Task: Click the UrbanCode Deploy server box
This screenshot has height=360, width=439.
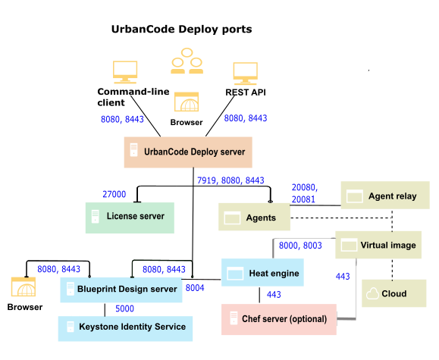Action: (x=187, y=152)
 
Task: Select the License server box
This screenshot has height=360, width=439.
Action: (x=129, y=218)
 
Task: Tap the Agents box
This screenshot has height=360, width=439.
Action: (x=254, y=218)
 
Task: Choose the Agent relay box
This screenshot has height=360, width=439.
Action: (x=384, y=196)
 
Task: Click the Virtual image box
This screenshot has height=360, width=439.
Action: (x=378, y=245)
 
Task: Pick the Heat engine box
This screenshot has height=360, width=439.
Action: (x=262, y=273)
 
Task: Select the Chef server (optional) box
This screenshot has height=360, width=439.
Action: (x=278, y=319)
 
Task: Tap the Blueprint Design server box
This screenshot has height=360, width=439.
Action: (x=121, y=290)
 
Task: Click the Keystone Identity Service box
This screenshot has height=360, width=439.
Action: (x=125, y=327)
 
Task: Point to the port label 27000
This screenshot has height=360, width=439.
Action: (x=114, y=195)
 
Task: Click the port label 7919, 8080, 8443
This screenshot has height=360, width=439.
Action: (x=230, y=181)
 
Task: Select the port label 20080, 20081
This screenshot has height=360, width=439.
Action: (x=304, y=193)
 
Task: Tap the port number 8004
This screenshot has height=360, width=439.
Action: (x=195, y=288)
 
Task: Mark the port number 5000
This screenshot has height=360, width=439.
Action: (x=125, y=308)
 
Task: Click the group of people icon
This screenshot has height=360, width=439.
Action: (x=187, y=61)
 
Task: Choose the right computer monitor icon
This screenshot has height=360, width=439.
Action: (x=246, y=74)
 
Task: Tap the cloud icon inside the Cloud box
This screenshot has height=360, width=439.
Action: (x=372, y=294)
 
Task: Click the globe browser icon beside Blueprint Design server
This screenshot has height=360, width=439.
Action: (x=23, y=287)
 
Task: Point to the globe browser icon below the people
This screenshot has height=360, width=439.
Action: (x=186, y=102)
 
